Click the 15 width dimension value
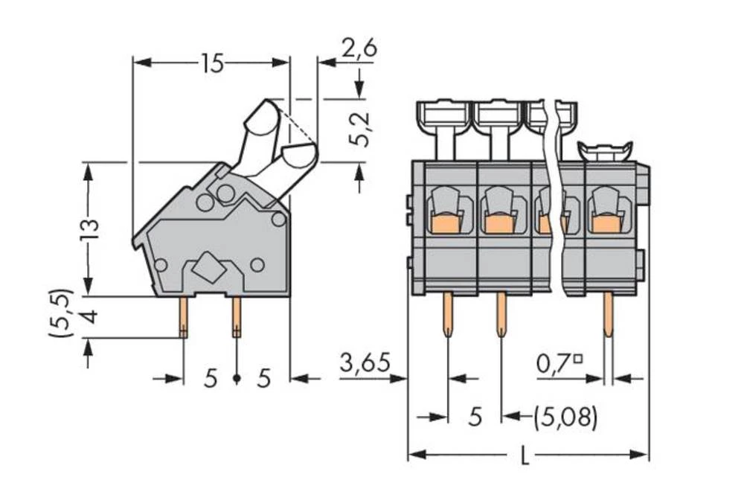coord(211,64)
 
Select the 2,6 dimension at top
coord(359,48)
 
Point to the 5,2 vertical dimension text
coord(359,131)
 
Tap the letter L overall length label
coord(525,456)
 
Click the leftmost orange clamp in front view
coord(445,223)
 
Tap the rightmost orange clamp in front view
coord(607,223)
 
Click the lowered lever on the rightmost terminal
coord(605,151)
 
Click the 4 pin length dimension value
coord(88,317)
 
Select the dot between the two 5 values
coord(237,379)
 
